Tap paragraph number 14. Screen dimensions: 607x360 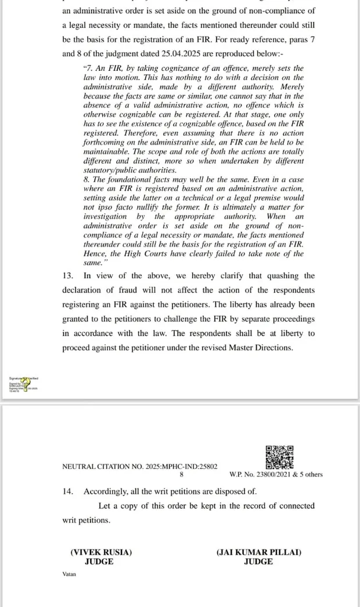[x=68, y=491]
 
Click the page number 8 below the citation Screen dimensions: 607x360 [x=181, y=475]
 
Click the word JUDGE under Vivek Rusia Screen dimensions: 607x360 [x=99, y=562]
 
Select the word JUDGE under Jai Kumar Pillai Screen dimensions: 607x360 [x=258, y=562]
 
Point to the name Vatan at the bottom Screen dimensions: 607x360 [x=69, y=575]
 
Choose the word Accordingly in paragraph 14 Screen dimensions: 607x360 [x=106, y=491]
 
